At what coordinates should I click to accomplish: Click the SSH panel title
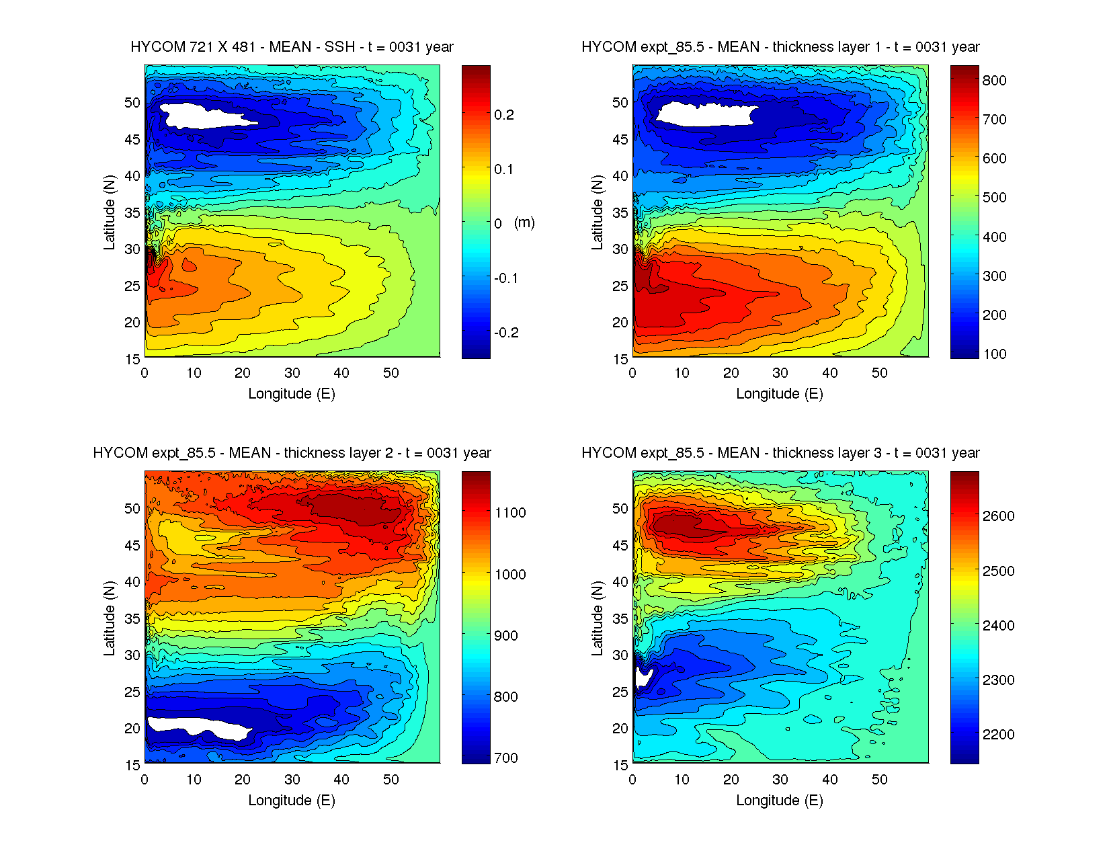click(292, 47)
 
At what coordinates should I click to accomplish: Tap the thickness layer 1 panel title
click(780, 47)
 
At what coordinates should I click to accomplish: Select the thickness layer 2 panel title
click(292, 453)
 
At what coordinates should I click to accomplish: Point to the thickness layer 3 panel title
click(780, 453)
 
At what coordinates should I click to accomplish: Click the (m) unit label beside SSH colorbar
click(524, 222)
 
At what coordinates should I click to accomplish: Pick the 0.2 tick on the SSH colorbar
click(504, 115)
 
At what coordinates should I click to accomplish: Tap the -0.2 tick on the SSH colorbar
click(506, 333)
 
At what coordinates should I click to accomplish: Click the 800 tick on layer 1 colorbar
click(994, 80)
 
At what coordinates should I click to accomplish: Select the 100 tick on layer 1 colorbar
click(994, 354)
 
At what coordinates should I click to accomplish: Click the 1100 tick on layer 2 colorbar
click(510, 513)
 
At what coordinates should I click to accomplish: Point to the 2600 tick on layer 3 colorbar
click(998, 516)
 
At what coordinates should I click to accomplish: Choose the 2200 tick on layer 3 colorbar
click(998, 735)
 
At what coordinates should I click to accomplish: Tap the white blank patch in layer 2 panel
click(198, 727)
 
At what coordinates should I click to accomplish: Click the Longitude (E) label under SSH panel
click(292, 394)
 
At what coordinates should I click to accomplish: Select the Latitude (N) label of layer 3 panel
click(597, 618)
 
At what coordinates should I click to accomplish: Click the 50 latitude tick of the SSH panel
click(132, 103)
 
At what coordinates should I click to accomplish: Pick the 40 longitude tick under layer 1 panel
click(829, 373)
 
